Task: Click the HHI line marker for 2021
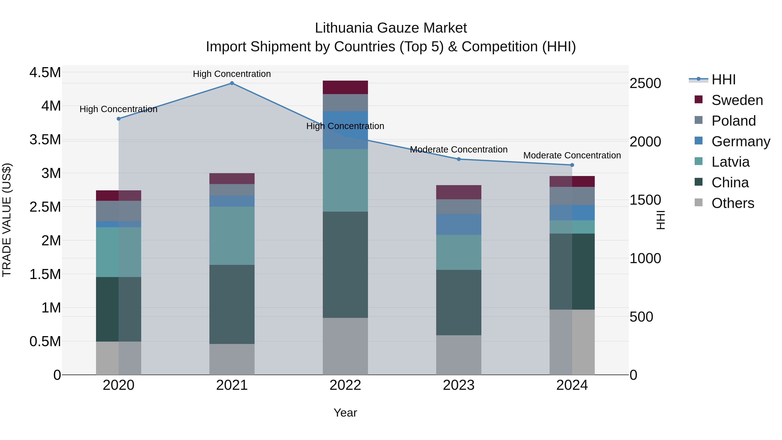pyautogui.click(x=232, y=83)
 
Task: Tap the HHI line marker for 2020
pyautogui.click(x=119, y=119)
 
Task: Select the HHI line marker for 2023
pyautogui.click(x=459, y=159)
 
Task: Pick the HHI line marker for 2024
pyautogui.click(x=572, y=165)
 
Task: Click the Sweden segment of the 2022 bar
pyautogui.click(x=345, y=87)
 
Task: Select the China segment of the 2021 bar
pyautogui.click(x=232, y=304)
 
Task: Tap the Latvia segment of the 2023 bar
pyautogui.click(x=459, y=252)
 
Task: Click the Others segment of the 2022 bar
pyautogui.click(x=345, y=346)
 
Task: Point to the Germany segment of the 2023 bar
pyautogui.click(x=459, y=224)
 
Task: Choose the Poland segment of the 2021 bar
pyautogui.click(x=232, y=190)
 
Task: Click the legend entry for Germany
pyautogui.click(x=741, y=141)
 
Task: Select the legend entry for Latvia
pyautogui.click(x=730, y=162)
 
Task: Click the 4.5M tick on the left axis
pyautogui.click(x=45, y=73)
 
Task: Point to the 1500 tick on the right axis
pyautogui.click(x=645, y=200)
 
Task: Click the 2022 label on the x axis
pyautogui.click(x=345, y=385)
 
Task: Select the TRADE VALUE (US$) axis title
pyautogui.click(x=7, y=220)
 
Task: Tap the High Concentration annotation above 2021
pyautogui.click(x=232, y=74)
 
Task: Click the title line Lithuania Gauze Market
pyautogui.click(x=391, y=28)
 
